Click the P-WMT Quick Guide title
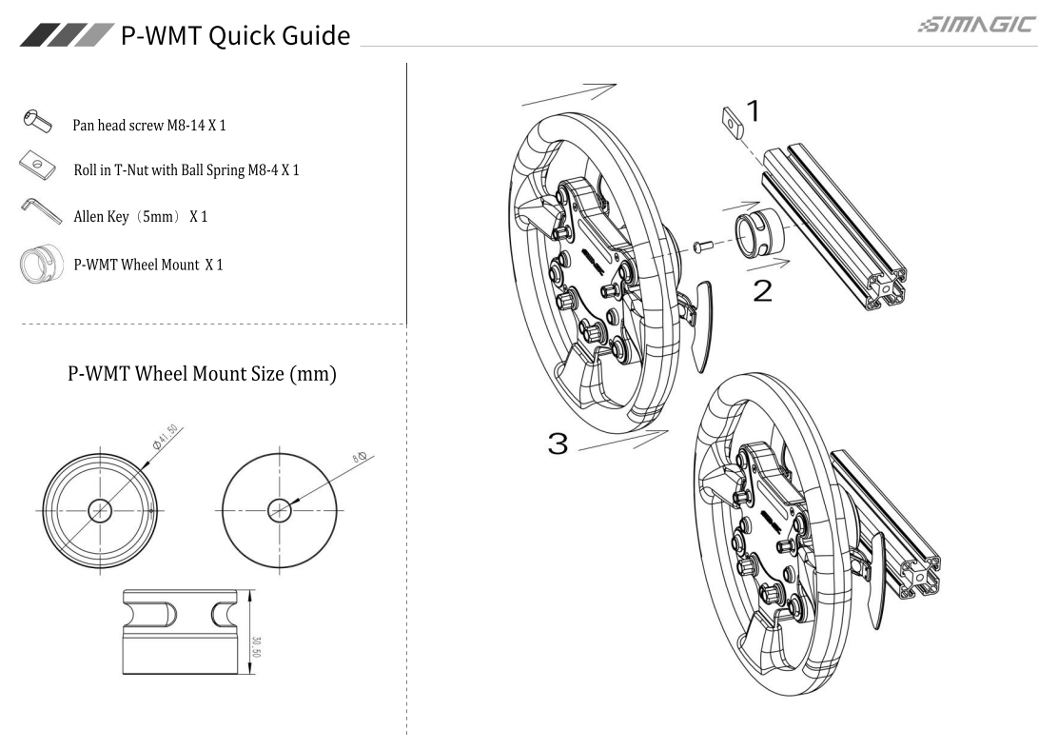[x=234, y=35]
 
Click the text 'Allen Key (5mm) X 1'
[x=141, y=217]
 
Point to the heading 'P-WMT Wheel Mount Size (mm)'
[x=202, y=374]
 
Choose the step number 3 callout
[x=558, y=442]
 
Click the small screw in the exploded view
[x=702, y=246]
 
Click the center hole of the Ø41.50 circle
[x=100, y=511]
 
